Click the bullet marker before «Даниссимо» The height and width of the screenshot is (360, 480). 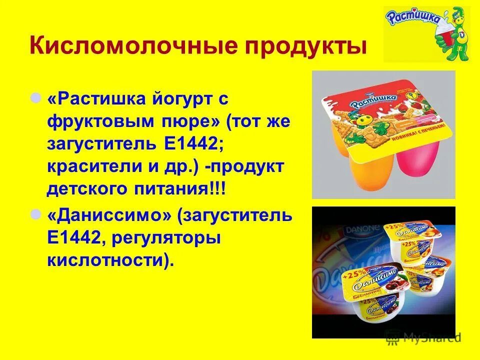click(x=36, y=214)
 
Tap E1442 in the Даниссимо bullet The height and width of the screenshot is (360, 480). click(x=72, y=238)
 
